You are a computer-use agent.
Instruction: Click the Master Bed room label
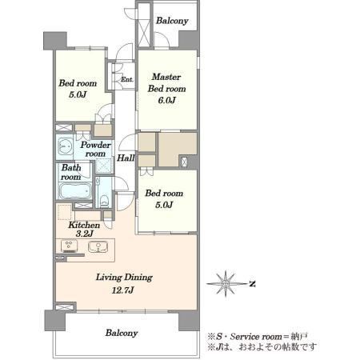pos(166,82)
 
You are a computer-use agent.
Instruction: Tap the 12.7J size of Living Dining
pos(122,290)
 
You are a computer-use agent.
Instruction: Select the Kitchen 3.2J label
pos(84,229)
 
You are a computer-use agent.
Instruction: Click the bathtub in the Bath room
pos(75,190)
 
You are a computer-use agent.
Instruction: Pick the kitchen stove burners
pos(69,246)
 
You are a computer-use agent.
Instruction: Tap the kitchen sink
pos(98,246)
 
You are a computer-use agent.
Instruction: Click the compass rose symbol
pos(226,284)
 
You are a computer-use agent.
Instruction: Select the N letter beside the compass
pos(252,284)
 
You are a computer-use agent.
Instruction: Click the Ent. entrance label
pos(126,79)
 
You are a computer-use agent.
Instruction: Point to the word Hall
pos(126,158)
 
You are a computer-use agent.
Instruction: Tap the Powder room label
pos(95,149)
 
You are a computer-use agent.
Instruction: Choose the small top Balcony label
pos(172,21)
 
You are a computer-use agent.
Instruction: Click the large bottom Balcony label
pos(122,333)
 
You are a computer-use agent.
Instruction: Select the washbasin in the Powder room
pos(65,146)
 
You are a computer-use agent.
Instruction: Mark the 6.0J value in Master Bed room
pos(166,100)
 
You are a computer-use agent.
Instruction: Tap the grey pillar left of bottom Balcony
pos(55,320)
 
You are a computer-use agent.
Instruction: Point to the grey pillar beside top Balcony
pos(189,40)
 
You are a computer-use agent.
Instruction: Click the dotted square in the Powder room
pos(104,166)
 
